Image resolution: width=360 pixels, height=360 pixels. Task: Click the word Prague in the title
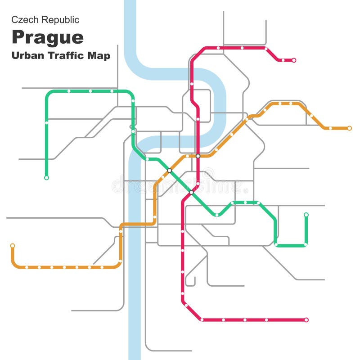pyautogui.click(x=47, y=37)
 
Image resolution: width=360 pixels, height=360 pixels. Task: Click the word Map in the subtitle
pyautogui.click(x=101, y=57)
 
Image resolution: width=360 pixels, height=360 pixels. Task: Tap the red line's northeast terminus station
pyautogui.click(x=294, y=60)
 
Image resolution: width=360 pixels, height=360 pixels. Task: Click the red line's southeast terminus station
pyautogui.click(x=306, y=320)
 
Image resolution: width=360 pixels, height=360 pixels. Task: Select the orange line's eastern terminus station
pyautogui.click(x=350, y=128)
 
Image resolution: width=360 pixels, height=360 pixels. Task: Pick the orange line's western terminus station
pyautogui.click(x=13, y=246)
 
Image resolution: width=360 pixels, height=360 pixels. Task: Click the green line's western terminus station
pyautogui.click(x=46, y=178)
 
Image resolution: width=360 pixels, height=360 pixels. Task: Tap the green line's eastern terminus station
pyautogui.click(x=306, y=215)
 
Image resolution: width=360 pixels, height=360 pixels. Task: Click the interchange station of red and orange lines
pyautogui.click(x=198, y=156)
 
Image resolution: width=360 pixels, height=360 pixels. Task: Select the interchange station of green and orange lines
pyautogui.click(x=169, y=170)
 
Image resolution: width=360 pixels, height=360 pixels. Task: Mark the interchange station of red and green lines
pyautogui.click(x=191, y=192)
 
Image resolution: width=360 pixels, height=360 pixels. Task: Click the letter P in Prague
pyautogui.click(x=18, y=37)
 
